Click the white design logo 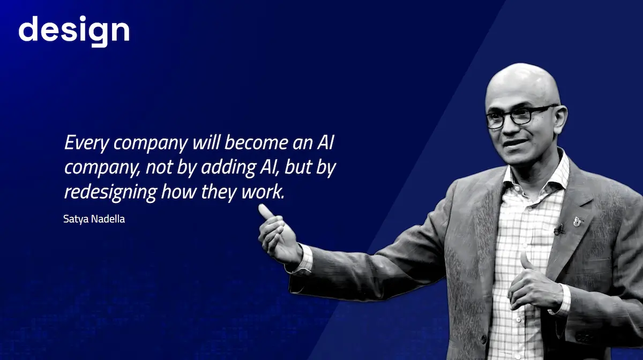(x=74, y=31)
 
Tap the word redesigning (x=110, y=192)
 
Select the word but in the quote (x=298, y=167)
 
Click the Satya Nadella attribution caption (x=94, y=219)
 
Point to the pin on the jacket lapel (x=578, y=220)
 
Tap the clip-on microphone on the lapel (x=559, y=230)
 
